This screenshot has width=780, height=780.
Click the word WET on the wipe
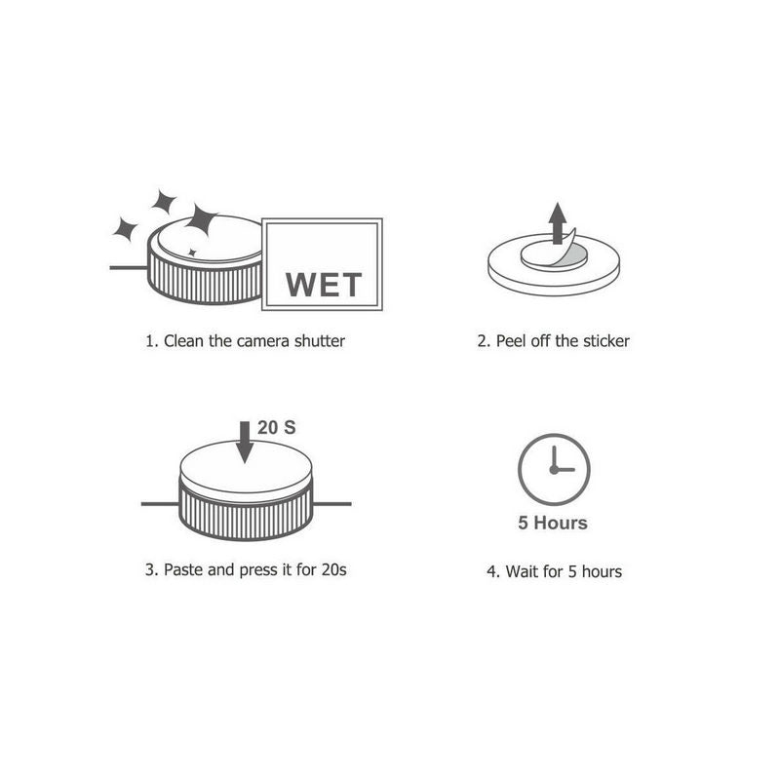tap(324, 285)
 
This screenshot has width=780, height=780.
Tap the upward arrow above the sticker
tap(558, 223)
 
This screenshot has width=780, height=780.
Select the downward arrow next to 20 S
tap(245, 443)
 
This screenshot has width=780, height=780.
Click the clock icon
tap(554, 470)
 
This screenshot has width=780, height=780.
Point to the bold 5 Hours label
tap(553, 523)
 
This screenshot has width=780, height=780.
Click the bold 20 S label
tap(277, 427)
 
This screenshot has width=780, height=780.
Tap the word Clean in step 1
tap(184, 341)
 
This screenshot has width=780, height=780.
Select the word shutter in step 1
tap(320, 341)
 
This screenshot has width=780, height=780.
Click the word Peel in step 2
tap(511, 341)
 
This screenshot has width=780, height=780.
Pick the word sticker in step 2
tap(606, 341)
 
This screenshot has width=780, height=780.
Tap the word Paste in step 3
tap(183, 569)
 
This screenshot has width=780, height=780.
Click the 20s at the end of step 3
tap(333, 569)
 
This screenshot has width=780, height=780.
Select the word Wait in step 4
tap(522, 571)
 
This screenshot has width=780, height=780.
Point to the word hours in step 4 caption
tap(602, 571)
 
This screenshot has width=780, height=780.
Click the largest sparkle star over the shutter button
tap(202, 218)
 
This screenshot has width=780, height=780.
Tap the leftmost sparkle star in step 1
tap(125, 229)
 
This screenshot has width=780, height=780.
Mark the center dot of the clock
tap(554, 470)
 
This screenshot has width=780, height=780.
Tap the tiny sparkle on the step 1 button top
tap(192, 253)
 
